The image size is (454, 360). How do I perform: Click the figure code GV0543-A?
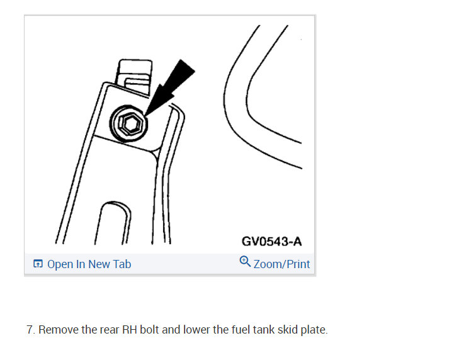coord(271,241)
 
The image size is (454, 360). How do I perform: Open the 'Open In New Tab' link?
coord(89,264)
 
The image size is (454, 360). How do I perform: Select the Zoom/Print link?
coord(281,264)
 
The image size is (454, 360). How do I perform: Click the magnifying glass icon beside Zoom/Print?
coord(245,261)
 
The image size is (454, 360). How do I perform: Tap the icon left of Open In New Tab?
coord(38,264)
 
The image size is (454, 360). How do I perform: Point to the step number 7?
coord(30,330)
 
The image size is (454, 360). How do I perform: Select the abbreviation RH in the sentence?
coord(130,330)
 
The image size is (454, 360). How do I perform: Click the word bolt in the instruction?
coord(149,330)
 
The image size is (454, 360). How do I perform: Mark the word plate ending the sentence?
coord(314,330)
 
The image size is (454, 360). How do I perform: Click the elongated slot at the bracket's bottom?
coord(113,223)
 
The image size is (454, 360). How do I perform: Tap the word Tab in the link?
coord(122,264)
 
